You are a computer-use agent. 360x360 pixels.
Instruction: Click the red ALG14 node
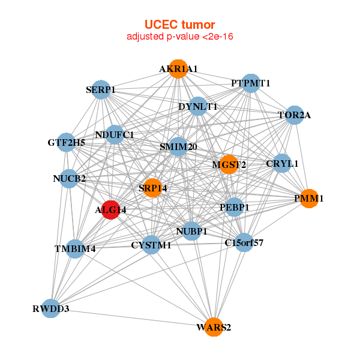[x=110, y=210]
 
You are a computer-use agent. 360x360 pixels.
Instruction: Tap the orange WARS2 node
[x=214, y=327]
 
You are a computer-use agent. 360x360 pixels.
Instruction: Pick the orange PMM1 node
[x=308, y=198]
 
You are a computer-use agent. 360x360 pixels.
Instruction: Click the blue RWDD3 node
[x=51, y=309]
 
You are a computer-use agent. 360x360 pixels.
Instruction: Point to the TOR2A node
[x=293, y=115]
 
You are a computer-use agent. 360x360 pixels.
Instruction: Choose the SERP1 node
[x=100, y=91]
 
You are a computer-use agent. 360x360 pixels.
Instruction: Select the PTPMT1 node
[x=251, y=83]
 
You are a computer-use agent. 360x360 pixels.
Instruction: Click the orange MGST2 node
[x=229, y=164]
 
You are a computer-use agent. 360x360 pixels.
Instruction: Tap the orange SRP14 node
[x=152, y=188]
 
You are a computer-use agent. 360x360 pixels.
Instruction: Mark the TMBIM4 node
[x=75, y=248]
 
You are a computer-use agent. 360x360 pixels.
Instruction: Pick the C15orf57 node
[x=244, y=242]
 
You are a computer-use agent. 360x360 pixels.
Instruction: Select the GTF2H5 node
[x=66, y=143]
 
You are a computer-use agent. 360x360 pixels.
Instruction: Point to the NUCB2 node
[x=69, y=178]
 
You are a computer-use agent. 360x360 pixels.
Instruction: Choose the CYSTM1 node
[x=151, y=244]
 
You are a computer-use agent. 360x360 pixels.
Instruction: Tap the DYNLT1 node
[x=197, y=107]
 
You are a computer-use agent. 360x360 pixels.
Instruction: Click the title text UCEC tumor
[x=180, y=25]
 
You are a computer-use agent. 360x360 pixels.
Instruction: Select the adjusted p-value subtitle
[x=180, y=37]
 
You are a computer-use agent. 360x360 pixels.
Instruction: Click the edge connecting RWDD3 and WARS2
[x=132, y=318]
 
